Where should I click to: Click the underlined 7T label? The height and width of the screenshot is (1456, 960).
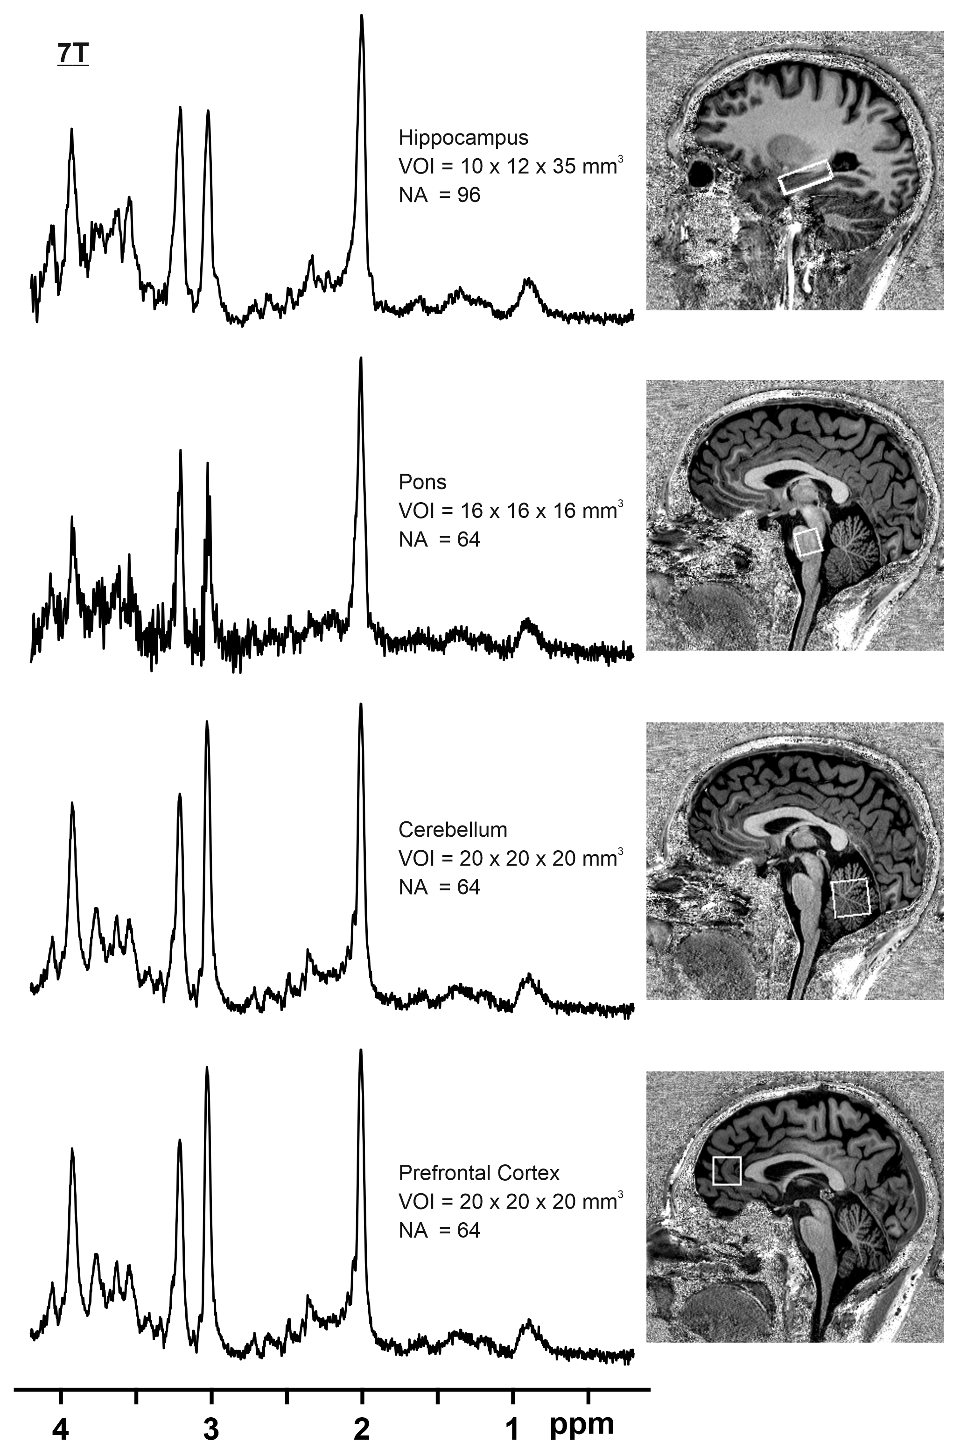tap(73, 55)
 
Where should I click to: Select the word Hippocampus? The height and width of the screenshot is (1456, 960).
tap(463, 138)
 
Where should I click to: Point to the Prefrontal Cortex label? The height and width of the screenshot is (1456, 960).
tap(479, 1173)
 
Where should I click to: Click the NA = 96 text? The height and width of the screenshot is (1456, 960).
tap(439, 195)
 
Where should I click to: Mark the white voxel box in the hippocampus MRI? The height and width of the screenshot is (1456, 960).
tap(805, 177)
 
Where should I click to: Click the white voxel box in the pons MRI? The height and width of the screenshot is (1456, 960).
tap(808, 542)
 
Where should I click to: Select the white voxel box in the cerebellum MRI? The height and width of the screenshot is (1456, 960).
tap(851, 897)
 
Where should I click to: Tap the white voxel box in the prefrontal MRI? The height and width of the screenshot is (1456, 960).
tap(727, 1170)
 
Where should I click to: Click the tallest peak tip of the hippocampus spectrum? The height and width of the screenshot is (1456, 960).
tap(362, 16)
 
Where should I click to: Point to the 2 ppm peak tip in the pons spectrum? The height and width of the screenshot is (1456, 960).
tap(361, 359)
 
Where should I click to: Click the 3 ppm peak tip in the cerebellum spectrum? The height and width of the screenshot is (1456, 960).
tap(207, 722)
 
